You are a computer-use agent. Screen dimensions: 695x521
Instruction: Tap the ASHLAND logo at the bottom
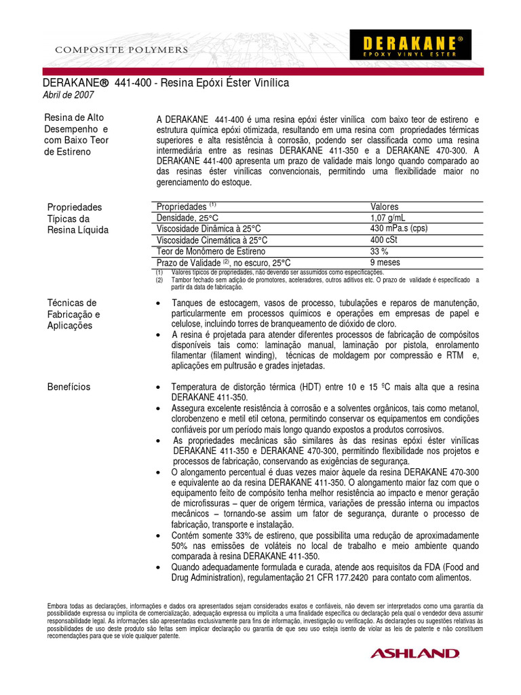pos(414,653)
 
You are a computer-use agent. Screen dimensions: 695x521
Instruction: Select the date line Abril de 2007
pos(69,95)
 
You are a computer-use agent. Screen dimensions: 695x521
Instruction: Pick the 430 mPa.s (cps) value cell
pos(399,229)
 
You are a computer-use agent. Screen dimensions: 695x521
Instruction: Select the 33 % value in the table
pos(380,251)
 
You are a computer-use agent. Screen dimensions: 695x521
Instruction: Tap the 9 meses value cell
pos(385,263)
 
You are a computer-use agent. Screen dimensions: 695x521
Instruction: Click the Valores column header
pos(385,206)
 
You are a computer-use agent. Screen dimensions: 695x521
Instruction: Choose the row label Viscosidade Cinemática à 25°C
pos(212,240)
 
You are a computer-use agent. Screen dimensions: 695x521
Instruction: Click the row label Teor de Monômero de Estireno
pos(211,251)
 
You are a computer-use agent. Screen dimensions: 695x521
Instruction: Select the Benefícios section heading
pos(69,387)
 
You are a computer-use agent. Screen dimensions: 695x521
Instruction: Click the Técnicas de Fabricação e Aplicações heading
pos(73,314)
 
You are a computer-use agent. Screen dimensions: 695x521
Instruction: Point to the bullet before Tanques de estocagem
pos(158,303)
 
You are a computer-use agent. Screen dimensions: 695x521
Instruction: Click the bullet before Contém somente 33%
pos(158,536)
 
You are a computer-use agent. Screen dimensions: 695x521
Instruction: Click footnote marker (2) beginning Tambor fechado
pos(159,280)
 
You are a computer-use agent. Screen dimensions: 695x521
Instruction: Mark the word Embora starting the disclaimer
pos(58,605)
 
